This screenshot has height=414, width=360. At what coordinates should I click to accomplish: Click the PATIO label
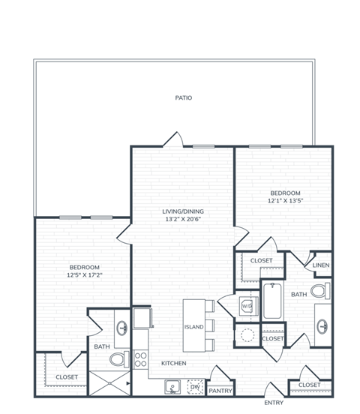[184, 97]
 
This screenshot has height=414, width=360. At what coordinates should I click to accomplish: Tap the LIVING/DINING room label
[183, 211]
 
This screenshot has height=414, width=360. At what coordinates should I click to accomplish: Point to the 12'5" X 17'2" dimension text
[84, 275]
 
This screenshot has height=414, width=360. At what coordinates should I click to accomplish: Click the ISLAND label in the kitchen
[193, 328]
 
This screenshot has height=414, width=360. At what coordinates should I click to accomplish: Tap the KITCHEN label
[173, 363]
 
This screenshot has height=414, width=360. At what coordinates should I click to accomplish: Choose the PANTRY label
[220, 391]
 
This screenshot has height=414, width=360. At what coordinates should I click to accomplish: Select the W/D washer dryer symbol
[246, 306]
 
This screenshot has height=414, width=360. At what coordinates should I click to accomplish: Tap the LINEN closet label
[321, 266]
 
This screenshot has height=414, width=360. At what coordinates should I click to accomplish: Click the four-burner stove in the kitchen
[139, 360]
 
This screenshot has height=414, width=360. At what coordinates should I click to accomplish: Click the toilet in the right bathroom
[320, 292]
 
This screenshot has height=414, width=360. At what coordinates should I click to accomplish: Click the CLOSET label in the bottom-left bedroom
[67, 377]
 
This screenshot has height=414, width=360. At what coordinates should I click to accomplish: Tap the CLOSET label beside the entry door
[309, 385]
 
